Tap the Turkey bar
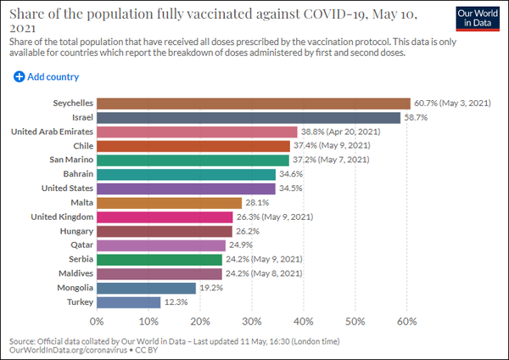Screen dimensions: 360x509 128,301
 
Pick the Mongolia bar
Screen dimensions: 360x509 146,288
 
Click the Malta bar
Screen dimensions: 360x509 169,203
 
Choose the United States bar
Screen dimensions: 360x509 186,188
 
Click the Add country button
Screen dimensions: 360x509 47,77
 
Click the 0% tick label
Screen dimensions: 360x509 97,321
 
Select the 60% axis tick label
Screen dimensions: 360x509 406,321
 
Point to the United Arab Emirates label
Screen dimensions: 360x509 51,132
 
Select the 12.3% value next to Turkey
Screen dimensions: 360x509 177,301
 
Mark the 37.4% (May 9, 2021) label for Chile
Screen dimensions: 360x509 335,146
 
